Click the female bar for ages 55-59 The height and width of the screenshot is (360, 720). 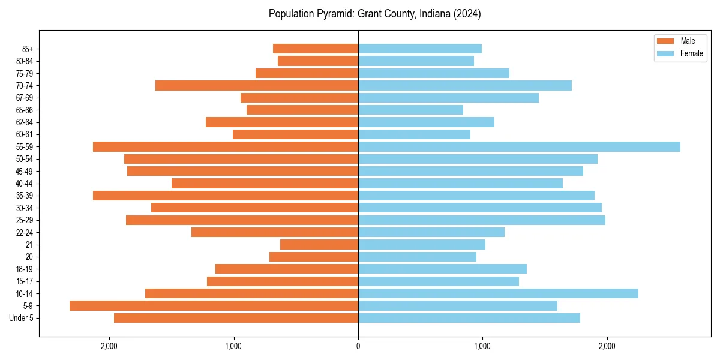[519, 146]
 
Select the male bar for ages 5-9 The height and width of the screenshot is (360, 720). [214, 305]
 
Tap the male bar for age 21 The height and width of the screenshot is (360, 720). [319, 244]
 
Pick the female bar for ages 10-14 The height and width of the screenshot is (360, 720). [498, 293]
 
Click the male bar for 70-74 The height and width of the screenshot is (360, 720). [257, 85]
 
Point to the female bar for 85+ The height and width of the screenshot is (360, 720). [420, 49]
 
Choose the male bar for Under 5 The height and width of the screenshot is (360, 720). [236, 318]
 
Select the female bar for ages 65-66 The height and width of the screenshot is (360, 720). [410, 110]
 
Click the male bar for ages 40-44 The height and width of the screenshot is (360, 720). [265, 183]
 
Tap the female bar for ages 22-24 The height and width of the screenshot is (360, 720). [431, 232]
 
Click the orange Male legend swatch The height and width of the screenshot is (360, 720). [666, 41]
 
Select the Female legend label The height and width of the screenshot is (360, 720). [692, 53]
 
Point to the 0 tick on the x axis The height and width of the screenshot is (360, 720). [358, 346]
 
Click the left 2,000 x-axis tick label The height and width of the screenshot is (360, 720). [109, 346]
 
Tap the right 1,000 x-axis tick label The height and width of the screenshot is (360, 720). [482, 346]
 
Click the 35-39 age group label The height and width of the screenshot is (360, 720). [25, 196]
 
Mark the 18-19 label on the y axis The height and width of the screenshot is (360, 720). [25, 269]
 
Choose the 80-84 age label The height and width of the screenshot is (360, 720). [25, 61]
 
